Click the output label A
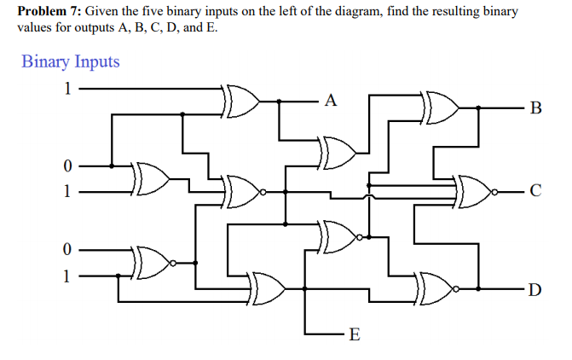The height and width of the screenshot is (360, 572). point(331,100)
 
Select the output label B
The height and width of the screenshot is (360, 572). point(535,107)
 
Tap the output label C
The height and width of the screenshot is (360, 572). point(535,190)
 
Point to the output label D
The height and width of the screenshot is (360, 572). point(534,289)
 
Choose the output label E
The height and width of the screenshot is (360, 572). point(355,334)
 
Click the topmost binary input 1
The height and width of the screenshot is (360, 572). point(67,89)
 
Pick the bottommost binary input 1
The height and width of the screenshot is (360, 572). point(66,276)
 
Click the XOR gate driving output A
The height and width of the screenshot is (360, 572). point(240,102)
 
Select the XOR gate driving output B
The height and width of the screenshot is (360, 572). point(441,108)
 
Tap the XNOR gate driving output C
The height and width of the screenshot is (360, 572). point(472,192)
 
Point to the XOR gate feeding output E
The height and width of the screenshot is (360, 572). point(266,288)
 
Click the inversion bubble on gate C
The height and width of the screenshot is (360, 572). point(494,192)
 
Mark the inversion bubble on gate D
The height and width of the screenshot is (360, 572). point(455,289)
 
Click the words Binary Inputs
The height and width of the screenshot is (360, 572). point(71,61)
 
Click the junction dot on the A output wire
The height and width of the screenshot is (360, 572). point(279,102)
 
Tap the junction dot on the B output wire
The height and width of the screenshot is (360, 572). point(478,107)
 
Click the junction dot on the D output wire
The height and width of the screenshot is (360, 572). point(478,289)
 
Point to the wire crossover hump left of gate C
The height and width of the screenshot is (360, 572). point(369,197)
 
